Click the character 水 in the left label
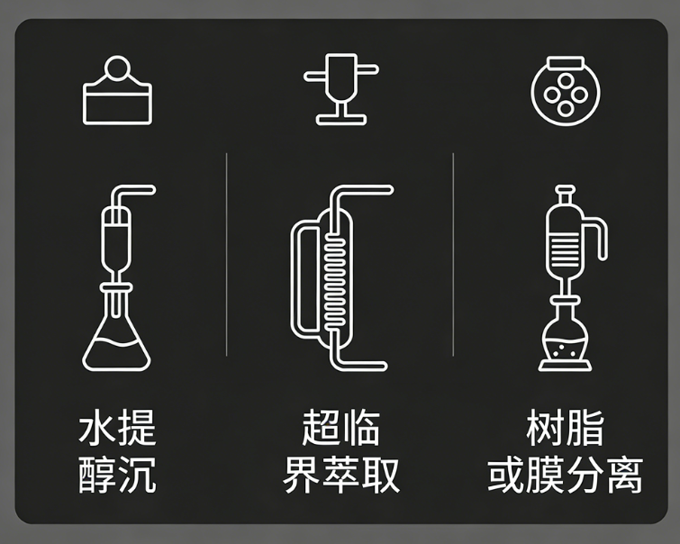97,427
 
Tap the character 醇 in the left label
97,475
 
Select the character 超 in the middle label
322,427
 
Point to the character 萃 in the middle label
340,475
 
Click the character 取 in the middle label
380,475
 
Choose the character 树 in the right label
545,427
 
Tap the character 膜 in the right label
545,475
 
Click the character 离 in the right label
624,475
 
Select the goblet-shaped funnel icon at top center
340,89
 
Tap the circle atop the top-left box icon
117,68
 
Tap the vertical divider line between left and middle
226,255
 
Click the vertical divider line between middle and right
453,255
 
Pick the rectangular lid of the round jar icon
566,63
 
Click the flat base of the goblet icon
340,120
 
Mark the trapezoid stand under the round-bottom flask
565,366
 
